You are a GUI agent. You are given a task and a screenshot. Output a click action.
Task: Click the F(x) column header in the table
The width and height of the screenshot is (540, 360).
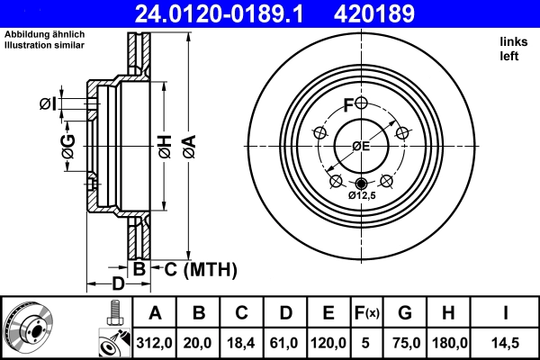pos(366,313)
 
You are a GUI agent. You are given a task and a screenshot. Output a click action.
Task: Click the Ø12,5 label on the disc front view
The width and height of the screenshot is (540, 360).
pos(362,195)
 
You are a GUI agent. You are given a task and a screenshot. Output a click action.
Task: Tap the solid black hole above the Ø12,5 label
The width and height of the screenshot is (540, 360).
pos(362,184)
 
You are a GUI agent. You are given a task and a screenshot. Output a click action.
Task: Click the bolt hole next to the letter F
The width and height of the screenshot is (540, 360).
pos(362,103)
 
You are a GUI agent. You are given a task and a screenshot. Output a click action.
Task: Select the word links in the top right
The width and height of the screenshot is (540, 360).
pos(513,41)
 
